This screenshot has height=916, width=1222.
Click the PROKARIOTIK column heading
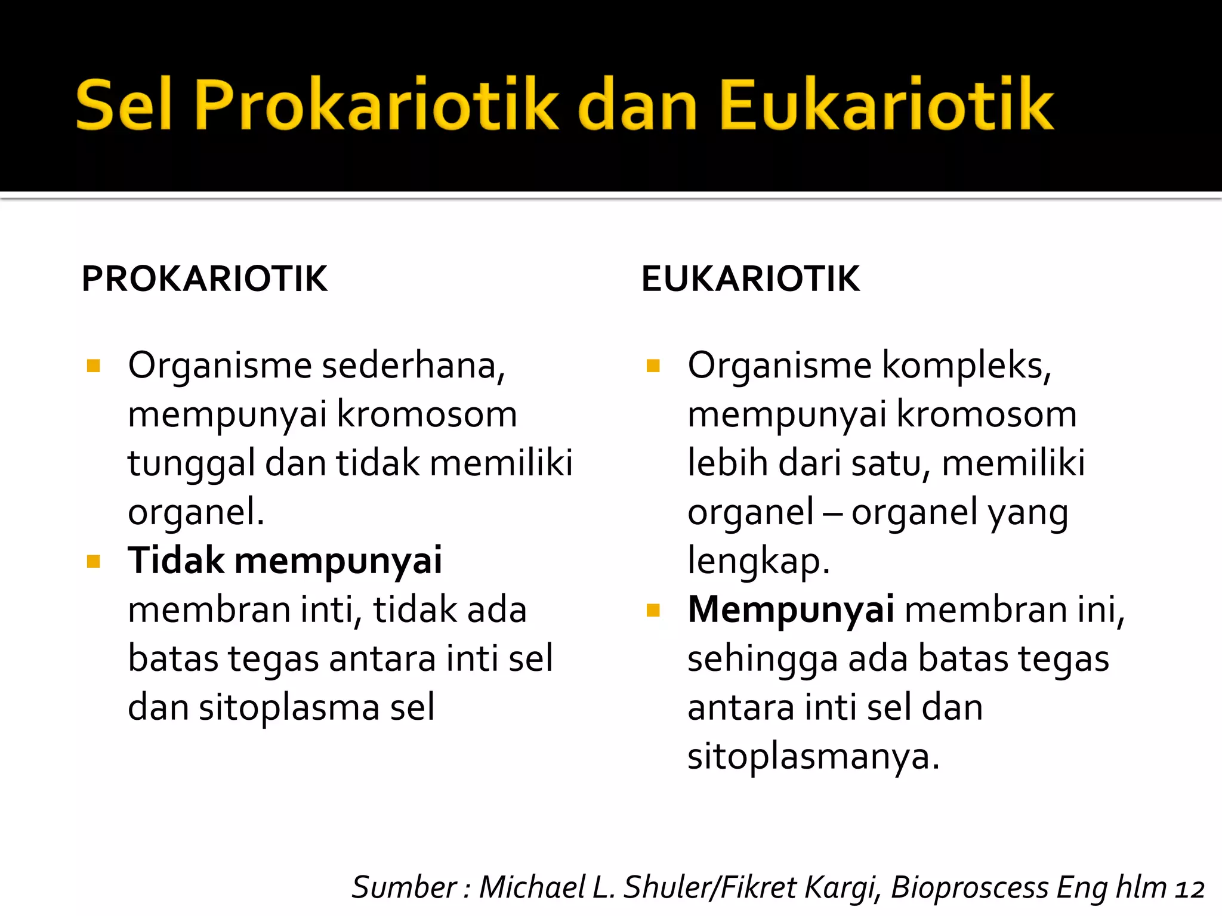(205, 278)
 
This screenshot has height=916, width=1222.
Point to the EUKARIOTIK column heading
(750, 278)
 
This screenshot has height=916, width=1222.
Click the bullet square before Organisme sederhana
(93, 366)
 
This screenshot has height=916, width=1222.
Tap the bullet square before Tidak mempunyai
(93, 561)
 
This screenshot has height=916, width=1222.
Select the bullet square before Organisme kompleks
(653, 366)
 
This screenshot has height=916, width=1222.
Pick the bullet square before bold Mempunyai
(653, 610)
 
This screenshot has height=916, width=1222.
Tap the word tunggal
(191, 464)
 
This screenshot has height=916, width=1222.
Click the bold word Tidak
(176, 561)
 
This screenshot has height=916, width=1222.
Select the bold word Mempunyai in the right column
(790, 610)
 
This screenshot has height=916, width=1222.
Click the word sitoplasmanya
(813, 757)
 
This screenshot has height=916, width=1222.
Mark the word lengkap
(758, 562)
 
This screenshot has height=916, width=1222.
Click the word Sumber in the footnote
(405, 887)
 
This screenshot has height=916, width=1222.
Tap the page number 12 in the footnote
(1190, 889)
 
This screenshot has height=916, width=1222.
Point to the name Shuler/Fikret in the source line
(710, 887)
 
